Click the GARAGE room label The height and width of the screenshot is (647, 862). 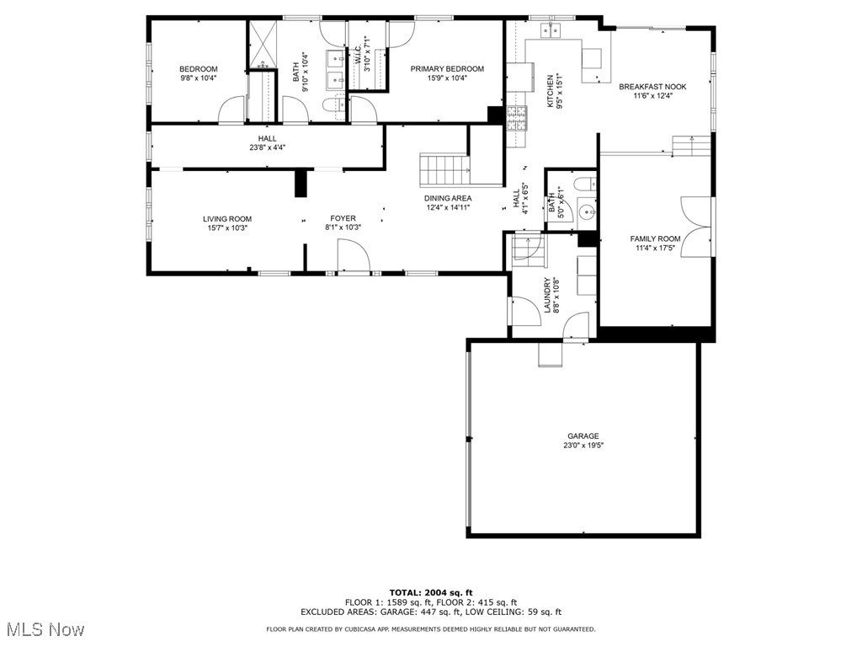[583, 436]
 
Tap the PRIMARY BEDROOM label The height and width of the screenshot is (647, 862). [447, 69]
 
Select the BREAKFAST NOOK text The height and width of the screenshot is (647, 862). [652, 87]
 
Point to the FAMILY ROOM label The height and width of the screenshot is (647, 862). [655, 238]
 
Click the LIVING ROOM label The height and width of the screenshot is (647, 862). [227, 219]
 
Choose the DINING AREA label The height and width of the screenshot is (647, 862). [448, 198]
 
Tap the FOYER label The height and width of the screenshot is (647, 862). [343, 218]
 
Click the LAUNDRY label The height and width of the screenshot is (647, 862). [547, 295]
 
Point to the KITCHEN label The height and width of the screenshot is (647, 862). [550, 91]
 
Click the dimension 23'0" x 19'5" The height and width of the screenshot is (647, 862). [583, 445]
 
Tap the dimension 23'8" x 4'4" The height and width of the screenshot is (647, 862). [267, 147]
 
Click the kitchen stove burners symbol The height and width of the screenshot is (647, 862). [517, 118]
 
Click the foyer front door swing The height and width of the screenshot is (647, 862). [353, 256]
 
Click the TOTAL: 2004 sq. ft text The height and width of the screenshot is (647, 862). [431, 592]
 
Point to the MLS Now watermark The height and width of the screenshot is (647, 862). [43, 628]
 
